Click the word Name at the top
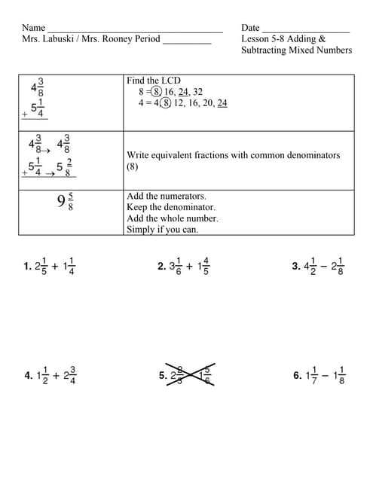(x=34, y=28)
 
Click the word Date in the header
(x=250, y=28)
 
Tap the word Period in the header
(x=147, y=38)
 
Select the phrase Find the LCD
(x=154, y=81)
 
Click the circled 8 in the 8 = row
(x=155, y=92)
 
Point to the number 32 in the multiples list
(x=197, y=92)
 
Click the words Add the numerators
(x=161, y=196)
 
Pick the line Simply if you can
(x=163, y=230)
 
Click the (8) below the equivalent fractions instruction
(x=133, y=166)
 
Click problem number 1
(x=26, y=266)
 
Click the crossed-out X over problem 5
(x=194, y=374)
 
